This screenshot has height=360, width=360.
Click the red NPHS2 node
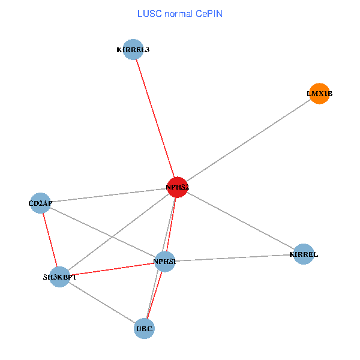[178, 187]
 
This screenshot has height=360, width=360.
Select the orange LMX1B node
[319, 94]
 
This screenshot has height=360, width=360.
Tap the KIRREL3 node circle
[133, 49]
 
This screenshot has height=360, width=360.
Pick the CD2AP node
[40, 203]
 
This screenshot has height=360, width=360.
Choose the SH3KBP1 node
[59, 277]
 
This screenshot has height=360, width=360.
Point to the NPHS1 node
[164, 261]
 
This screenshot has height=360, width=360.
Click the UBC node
[145, 328]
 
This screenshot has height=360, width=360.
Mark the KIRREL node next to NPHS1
[304, 254]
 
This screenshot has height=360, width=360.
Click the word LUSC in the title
[148, 13]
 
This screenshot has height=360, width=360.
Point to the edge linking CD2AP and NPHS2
[108, 195]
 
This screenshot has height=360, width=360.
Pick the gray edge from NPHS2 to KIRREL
[240, 220]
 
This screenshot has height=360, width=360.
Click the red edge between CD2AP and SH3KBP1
[50, 239]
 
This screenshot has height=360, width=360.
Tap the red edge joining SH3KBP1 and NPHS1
[112, 269]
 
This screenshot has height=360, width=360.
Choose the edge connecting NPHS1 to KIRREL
[234, 258]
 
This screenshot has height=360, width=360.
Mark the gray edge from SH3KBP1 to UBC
[102, 302]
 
